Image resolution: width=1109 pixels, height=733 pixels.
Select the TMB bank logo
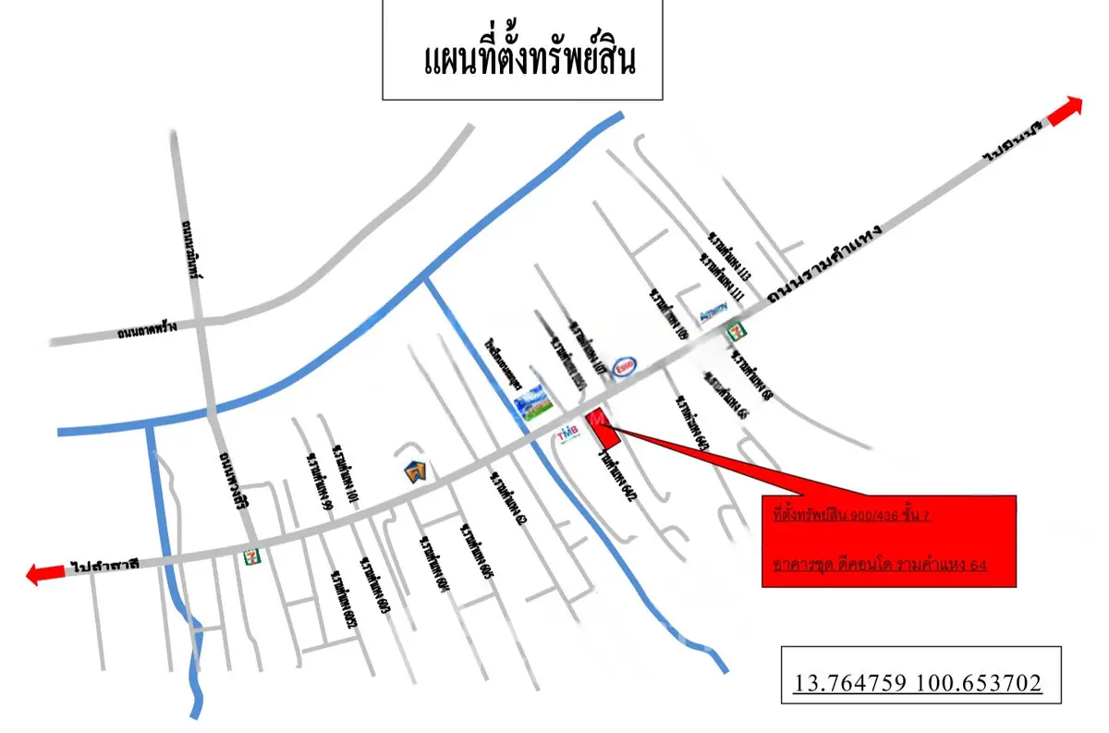point(567,432)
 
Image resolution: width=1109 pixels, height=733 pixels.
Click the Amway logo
point(714,313)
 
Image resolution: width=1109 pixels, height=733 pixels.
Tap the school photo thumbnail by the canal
point(533,404)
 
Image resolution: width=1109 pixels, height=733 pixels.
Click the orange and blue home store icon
point(417,471)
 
